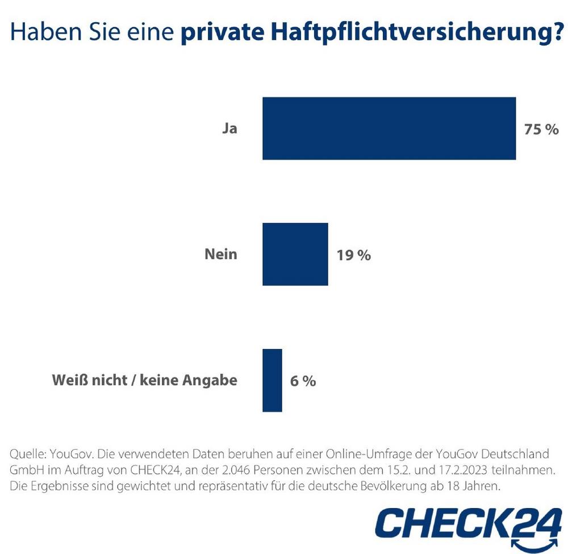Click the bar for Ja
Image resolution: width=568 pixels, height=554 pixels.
pos(389,128)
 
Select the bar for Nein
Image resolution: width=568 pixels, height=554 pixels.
pos(295,254)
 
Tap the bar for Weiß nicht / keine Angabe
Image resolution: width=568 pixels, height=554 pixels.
pos(272,380)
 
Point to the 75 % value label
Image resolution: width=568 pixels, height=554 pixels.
pos(541,129)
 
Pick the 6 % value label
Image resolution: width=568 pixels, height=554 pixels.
pos(303,381)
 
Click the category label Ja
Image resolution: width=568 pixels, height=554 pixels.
pos(229,129)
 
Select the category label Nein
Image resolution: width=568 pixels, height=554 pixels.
pos(220,254)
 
